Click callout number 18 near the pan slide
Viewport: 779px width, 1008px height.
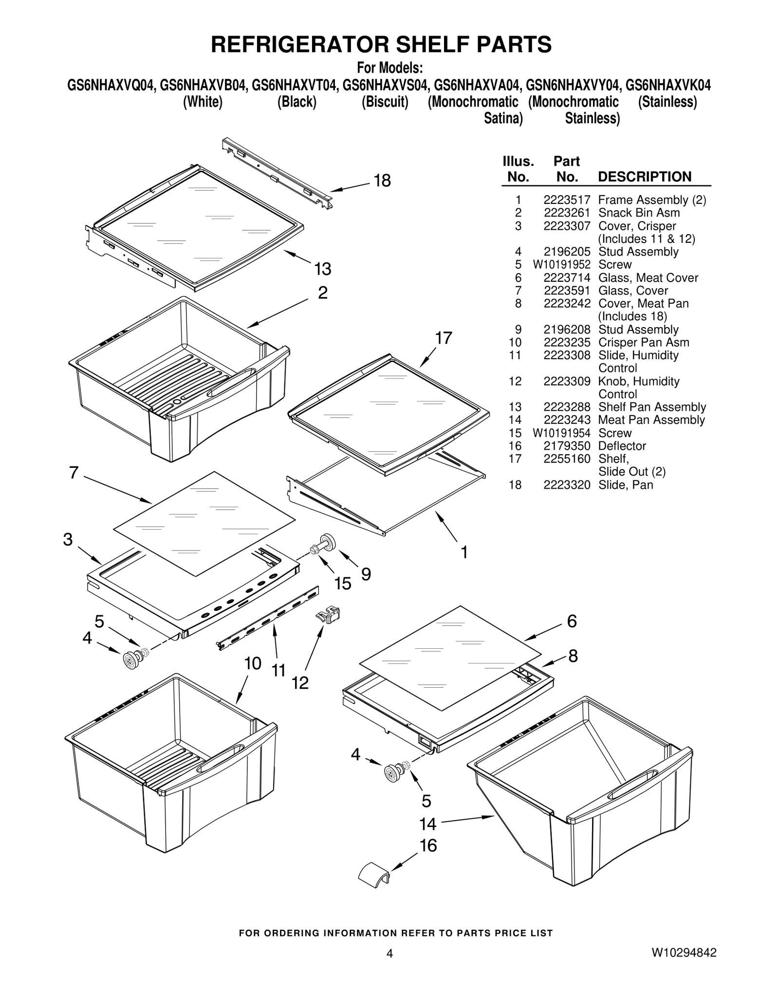pos(382,181)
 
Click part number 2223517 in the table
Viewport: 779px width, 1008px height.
pos(567,200)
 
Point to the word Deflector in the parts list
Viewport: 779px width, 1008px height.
pos(622,446)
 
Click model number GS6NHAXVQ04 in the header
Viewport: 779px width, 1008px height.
pos(111,86)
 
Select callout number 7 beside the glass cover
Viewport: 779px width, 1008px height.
pos(74,472)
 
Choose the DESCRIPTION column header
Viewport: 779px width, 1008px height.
pos(644,177)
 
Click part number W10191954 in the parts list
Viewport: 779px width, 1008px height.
pos(561,433)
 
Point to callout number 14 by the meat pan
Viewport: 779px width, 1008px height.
pos(428,824)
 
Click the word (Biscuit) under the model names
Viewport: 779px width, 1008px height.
pos(385,102)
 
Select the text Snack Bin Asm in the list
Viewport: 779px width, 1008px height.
pos(639,213)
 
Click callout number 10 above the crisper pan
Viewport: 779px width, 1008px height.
pos(253,663)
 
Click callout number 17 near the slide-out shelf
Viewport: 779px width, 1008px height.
pos(444,338)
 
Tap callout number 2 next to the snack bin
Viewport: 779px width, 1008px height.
pos(322,293)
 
